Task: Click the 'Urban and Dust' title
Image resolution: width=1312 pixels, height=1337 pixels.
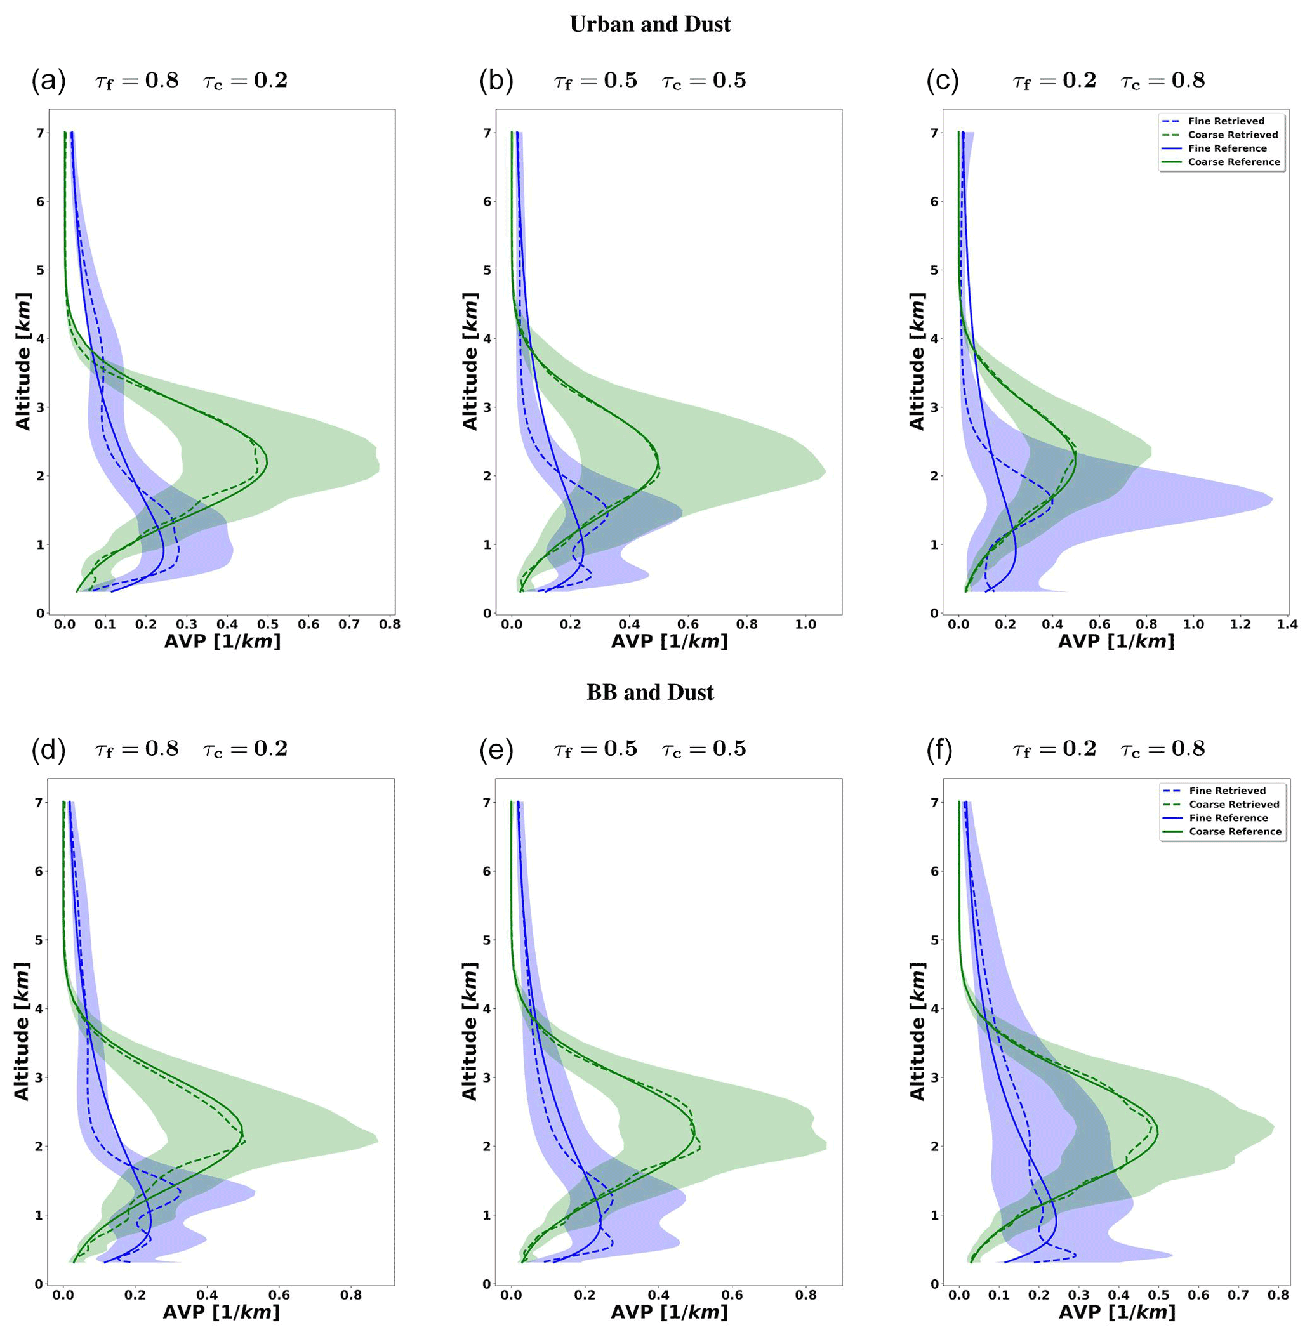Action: pyautogui.click(x=650, y=25)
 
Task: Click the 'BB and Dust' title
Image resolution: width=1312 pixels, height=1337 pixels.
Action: pyautogui.click(x=650, y=692)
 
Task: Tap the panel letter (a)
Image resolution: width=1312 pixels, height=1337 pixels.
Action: pyautogui.click(x=48, y=81)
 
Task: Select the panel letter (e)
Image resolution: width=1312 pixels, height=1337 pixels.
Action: pyautogui.click(x=496, y=749)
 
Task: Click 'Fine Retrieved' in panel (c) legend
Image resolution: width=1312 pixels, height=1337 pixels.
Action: pyautogui.click(x=1226, y=121)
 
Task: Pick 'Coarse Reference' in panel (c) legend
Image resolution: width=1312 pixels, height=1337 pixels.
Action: pyautogui.click(x=1233, y=162)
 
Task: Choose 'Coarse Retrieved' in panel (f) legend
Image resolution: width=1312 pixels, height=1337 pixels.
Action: pyautogui.click(x=1233, y=805)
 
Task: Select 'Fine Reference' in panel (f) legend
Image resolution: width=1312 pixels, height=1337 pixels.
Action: pyautogui.click(x=1228, y=819)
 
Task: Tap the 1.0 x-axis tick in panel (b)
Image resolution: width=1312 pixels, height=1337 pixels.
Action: pyautogui.click(x=805, y=625)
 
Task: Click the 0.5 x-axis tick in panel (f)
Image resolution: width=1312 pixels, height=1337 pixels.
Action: pyautogui.click(x=1158, y=1295)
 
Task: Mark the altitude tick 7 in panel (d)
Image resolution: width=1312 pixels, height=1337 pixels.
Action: pyautogui.click(x=39, y=803)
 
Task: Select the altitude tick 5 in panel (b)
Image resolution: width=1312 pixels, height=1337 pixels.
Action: pyautogui.click(x=487, y=270)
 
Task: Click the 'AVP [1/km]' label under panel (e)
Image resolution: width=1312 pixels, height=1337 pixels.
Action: pyautogui.click(x=669, y=1312)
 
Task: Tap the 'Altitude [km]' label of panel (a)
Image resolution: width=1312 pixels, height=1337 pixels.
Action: pyautogui.click(x=23, y=361)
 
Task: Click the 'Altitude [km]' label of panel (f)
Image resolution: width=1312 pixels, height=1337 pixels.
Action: pyautogui.click(x=917, y=1031)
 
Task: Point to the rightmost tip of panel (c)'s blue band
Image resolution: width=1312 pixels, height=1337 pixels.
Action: pyautogui.click(x=1273, y=499)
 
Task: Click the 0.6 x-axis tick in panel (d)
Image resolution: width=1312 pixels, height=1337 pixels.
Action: pyautogui.click(x=279, y=1295)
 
